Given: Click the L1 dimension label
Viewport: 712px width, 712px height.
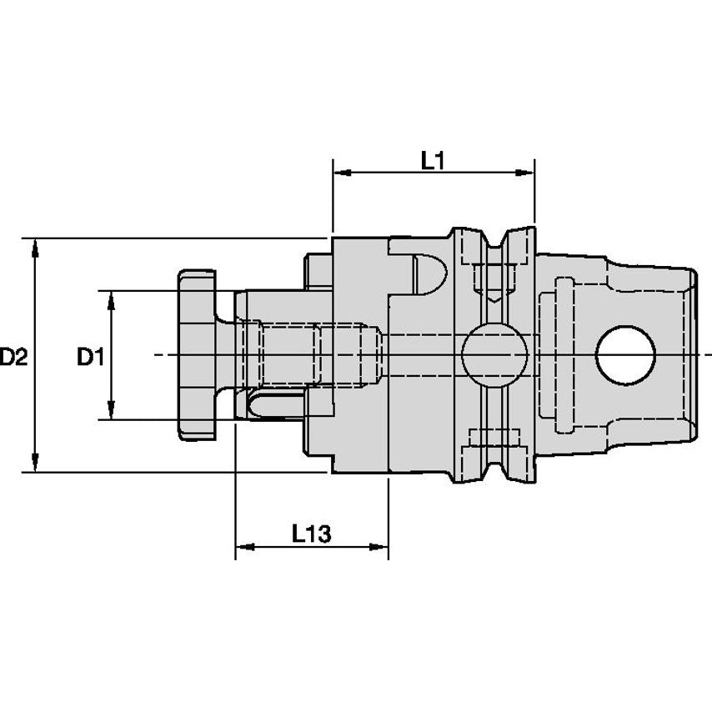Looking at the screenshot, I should point(431,162).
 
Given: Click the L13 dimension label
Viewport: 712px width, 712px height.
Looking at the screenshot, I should point(312,534).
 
